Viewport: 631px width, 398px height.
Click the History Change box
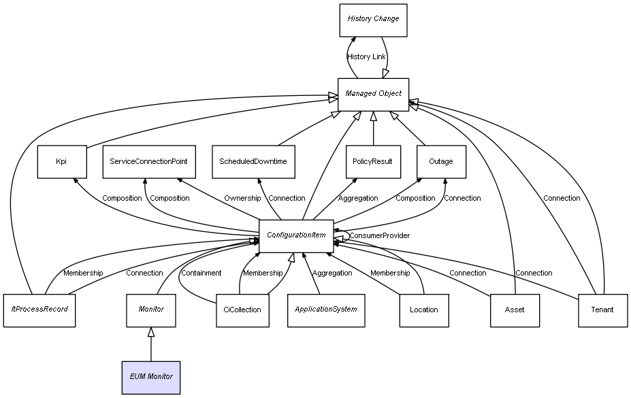tap(373, 20)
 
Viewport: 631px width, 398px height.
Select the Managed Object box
tap(373, 95)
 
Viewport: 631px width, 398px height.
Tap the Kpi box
tap(62, 162)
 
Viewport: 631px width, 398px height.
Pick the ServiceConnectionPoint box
tap(149, 162)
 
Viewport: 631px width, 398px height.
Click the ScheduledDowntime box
tap(253, 162)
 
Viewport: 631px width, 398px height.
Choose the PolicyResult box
tap(374, 162)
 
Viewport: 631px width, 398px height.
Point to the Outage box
tap(442, 162)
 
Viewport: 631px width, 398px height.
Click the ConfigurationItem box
tap(296, 236)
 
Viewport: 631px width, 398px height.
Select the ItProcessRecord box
tap(39, 310)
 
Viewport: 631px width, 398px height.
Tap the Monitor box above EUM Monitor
tap(151, 310)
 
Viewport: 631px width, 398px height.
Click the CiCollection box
tap(242, 310)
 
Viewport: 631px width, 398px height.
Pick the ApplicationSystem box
tap(326, 310)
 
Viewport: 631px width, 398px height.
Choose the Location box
tap(424, 310)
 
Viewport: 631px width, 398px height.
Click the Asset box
tap(515, 310)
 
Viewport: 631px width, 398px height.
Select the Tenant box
tap(603, 310)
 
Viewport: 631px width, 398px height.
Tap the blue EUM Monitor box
tap(151, 378)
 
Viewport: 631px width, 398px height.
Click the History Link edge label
tap(366, 56)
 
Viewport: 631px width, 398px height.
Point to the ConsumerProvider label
tap(380, 235)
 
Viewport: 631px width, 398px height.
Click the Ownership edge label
tap(242, 198)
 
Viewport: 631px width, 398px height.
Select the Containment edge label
tap(201, 273)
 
